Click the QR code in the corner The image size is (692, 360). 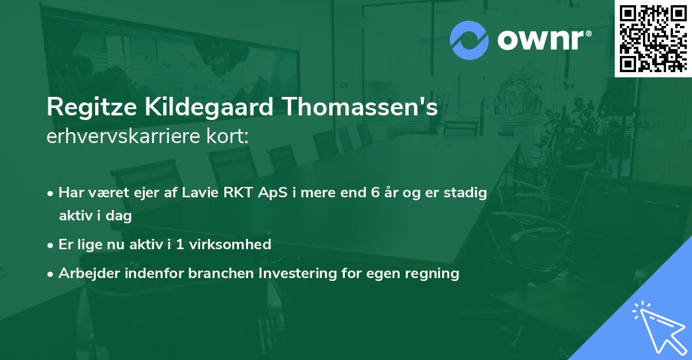653,38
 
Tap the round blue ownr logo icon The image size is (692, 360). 469,40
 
